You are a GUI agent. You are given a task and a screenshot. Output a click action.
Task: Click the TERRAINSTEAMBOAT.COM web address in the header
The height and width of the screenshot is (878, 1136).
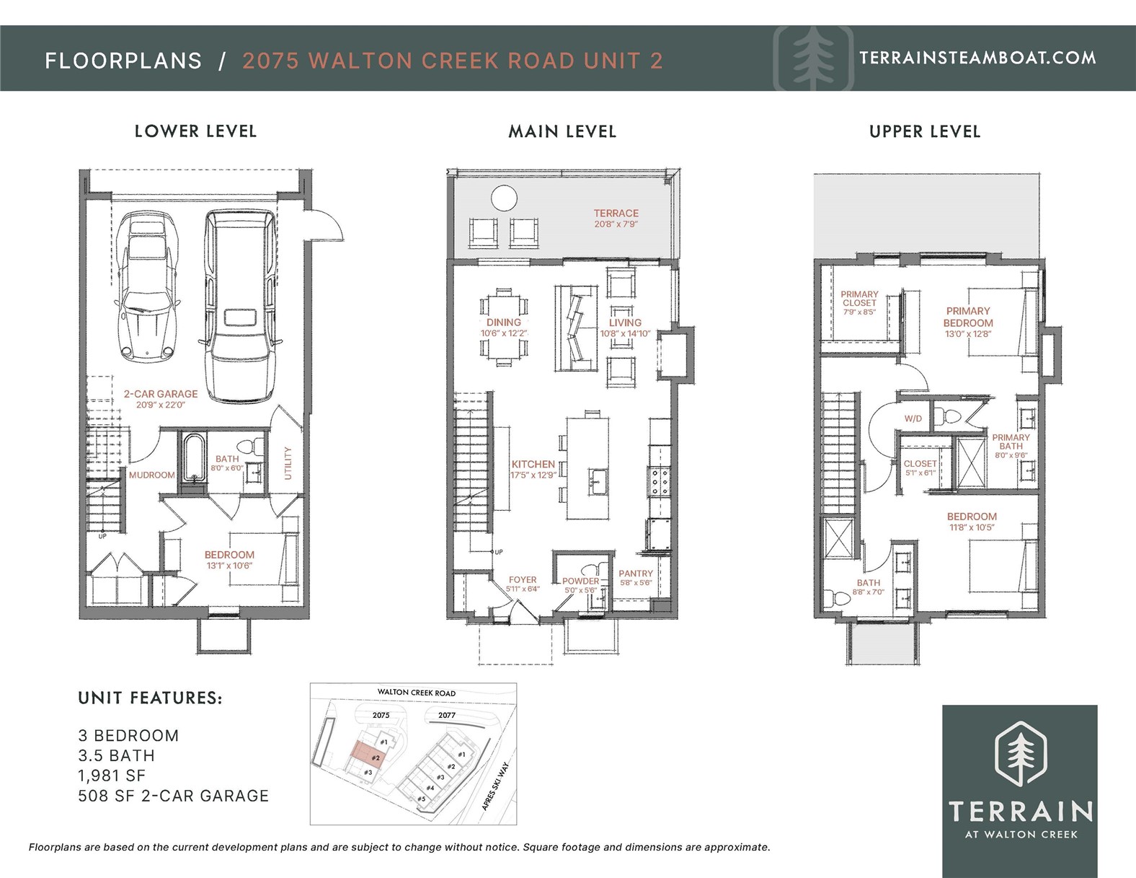[x=977, y=58]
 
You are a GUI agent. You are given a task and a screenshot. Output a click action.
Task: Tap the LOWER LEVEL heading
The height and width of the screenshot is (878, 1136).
[x=195, y=131]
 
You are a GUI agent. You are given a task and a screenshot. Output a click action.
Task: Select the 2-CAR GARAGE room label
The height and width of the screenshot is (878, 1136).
[x=161, y=394]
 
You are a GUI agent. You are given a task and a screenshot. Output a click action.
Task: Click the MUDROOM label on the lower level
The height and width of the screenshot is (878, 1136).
[x=151, y=475]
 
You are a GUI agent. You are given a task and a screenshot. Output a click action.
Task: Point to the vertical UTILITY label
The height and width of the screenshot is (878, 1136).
[x=288, y=462]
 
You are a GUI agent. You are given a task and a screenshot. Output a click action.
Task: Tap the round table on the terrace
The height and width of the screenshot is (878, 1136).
[x=504, y=198]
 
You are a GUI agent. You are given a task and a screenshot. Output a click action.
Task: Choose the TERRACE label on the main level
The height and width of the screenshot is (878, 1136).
[x=616, y=214]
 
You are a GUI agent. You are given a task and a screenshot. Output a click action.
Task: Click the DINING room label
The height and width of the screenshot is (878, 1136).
[x=503, y=322]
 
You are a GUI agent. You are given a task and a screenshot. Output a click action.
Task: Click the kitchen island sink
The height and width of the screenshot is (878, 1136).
[x=598, y=480]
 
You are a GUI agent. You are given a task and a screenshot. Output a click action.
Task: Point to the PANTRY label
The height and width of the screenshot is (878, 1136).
[x=635, y=574]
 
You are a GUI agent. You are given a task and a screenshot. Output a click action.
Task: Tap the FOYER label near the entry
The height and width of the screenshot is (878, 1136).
[x=523, y=580]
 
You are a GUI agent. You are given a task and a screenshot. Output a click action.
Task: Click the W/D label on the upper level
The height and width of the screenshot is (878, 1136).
[x=913, y=418]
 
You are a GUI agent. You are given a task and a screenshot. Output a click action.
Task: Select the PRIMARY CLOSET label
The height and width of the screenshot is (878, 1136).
[x=859, y=298]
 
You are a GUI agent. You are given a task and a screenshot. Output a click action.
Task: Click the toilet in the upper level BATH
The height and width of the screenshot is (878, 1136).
[x=838, y=597]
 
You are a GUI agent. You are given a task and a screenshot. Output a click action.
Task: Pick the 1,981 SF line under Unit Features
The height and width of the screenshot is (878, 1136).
[x=112, y=776]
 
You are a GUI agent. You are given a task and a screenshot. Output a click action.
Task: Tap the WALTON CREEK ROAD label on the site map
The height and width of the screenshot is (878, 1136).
[x=417, y=693]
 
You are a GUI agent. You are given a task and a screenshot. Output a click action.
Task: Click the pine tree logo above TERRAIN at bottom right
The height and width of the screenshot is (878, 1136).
[x=1020, y=753]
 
